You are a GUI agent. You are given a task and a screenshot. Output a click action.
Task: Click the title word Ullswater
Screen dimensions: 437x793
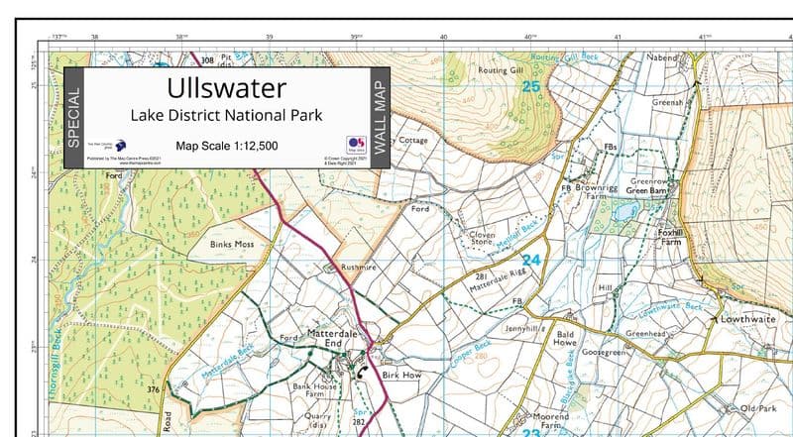tap(226, 90)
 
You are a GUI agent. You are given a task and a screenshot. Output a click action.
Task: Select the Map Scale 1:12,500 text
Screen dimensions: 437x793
tap(226, 146)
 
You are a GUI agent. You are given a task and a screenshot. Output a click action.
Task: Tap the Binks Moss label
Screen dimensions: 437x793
tap(234, 242)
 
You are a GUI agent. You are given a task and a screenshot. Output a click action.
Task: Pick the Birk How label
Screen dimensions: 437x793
tap(402, 376)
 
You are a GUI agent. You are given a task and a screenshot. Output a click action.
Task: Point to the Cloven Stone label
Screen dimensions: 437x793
tap(481, 239)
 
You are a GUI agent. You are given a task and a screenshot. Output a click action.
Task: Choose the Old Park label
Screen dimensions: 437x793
tap(761, 408)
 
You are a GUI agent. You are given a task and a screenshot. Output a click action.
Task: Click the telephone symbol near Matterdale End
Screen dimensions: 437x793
tap(362, 373)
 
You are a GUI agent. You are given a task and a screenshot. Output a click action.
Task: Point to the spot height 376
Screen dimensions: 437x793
tap(154, 390)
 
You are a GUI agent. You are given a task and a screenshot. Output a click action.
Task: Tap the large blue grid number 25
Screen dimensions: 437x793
tap(532, 88)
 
